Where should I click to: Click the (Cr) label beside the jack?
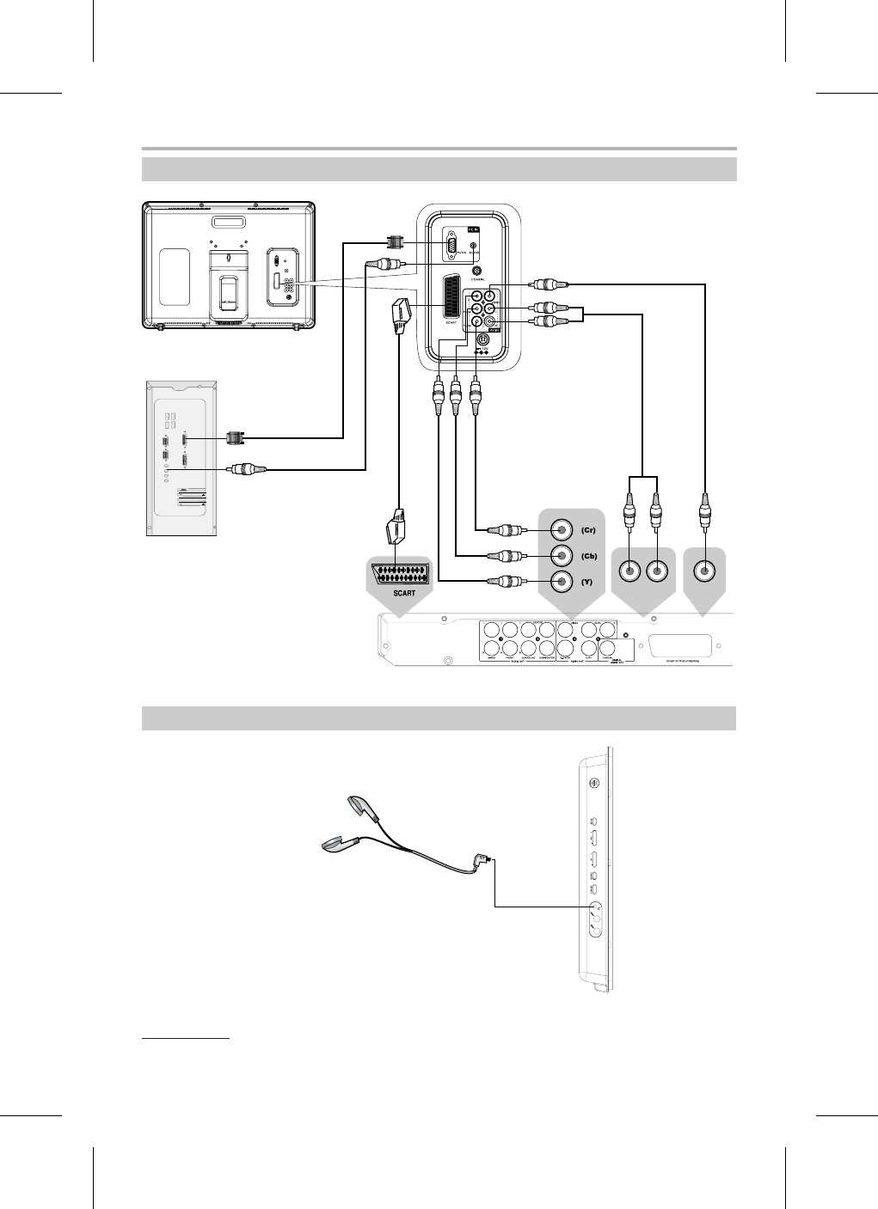588,530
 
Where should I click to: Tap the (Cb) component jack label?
588,556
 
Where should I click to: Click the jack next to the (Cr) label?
562,530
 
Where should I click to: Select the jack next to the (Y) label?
562,582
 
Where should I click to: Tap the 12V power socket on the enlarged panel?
483,340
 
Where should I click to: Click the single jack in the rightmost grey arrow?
704,571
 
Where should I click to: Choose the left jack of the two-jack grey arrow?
631,571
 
